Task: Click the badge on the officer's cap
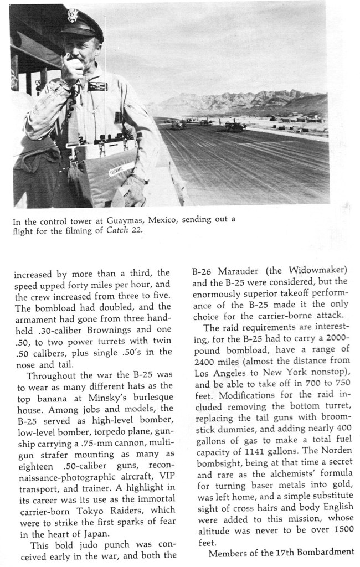click(x=73, y=15)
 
